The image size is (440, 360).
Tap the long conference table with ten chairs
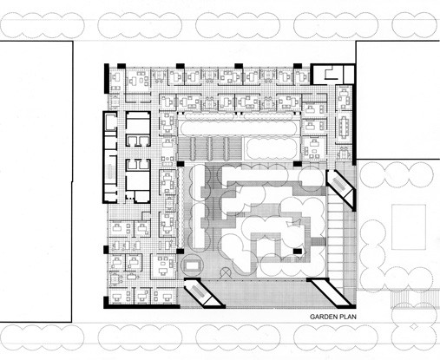point(345,128)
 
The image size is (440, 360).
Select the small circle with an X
point(226,272)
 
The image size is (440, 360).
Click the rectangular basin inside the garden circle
point(193,265)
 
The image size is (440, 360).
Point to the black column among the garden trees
point(298,252)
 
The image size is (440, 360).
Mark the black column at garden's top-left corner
point(181,164)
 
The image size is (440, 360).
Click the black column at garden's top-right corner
point(298,164)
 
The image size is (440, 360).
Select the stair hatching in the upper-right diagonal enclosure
point(338,183)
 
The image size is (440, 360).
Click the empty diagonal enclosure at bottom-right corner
point(332,292)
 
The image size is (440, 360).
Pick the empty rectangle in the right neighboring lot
point(409,226)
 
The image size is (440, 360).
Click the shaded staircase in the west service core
point(110,170)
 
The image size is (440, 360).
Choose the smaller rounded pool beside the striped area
point(270,148)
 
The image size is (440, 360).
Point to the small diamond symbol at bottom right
point(414,326)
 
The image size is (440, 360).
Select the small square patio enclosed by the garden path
point(266,248)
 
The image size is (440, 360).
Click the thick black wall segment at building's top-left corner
point(107,79)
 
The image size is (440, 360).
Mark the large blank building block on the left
point(36,181)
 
